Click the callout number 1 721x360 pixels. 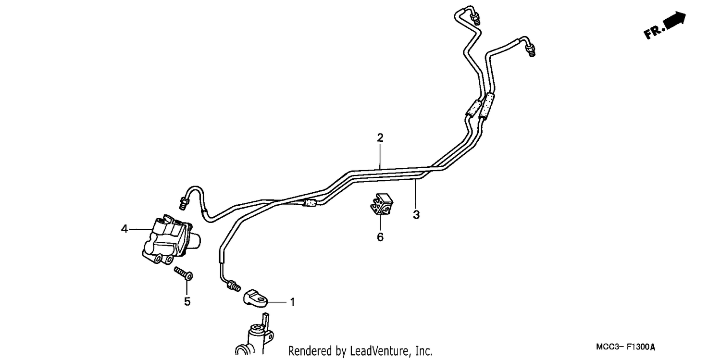[292, 302]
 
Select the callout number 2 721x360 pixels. [380, 137]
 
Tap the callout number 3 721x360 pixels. [416, 214]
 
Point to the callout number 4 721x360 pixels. [124, 229]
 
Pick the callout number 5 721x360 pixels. [187, 301]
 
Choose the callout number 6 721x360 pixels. [380, 237]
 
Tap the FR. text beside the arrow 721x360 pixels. [654, 32]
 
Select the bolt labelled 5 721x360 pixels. [184, 273]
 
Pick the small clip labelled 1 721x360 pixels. [255, 298]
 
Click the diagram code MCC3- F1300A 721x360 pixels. [625, 347]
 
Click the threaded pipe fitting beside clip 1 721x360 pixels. [234, 286]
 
